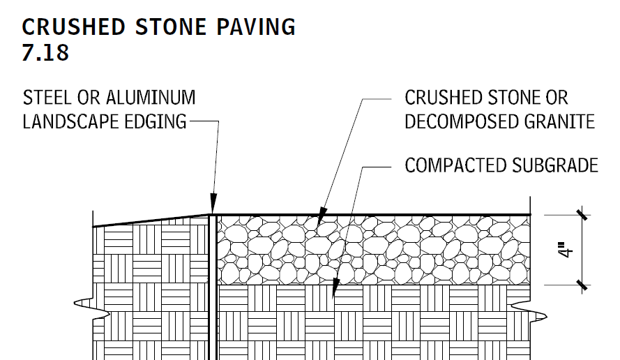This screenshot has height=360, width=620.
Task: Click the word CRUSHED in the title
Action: (x=73, y=27)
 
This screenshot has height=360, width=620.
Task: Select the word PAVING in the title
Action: (x=256, y=27)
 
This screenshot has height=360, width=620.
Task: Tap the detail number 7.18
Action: (x=45, y=52)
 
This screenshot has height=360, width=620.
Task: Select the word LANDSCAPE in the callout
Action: (x=70, y=121)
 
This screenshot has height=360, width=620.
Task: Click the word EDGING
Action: (x=156, y=121)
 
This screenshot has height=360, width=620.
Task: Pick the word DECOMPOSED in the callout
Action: (x=461, y=121)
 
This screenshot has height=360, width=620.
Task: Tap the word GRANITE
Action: (x=559, y=121)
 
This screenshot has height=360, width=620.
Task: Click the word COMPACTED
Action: (x=455, y=165)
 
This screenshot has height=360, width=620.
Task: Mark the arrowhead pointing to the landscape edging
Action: (x=213, y=204)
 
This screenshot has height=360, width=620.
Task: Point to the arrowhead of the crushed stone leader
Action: (x=322, y=217)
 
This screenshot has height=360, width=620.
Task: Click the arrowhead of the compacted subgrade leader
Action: (x=335, y=287)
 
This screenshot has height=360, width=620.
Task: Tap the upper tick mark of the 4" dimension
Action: (x=582, y=215)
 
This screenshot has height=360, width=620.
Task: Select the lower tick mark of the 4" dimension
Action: (x=582, y=285)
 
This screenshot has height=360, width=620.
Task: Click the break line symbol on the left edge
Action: (x=91, y=308)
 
